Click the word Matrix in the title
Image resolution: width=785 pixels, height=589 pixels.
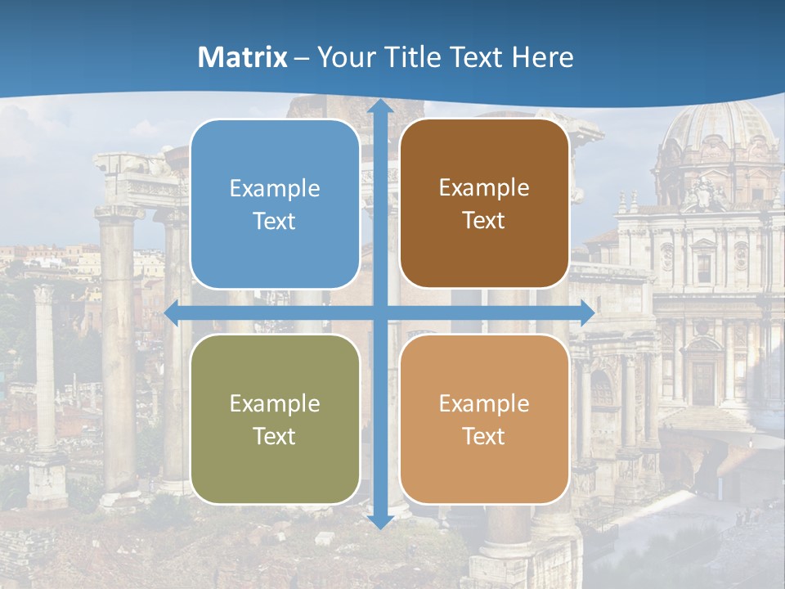coord(243,57)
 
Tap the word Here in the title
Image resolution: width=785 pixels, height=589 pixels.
coord(542,57)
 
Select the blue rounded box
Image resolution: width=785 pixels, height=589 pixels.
coord(275,204)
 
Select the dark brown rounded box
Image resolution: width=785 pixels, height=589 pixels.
coord(484,204)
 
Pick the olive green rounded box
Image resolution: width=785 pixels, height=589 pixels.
coord(275,419)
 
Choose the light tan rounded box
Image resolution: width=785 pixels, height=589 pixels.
coord(484,419)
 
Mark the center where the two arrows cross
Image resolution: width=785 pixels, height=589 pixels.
coord(380,312)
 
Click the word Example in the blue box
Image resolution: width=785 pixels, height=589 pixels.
coord(275,188)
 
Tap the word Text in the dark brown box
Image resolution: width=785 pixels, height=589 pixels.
coord(484,221)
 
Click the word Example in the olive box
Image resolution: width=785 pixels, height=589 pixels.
coord(275,403)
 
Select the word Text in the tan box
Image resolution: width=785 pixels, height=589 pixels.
coord(484,436)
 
